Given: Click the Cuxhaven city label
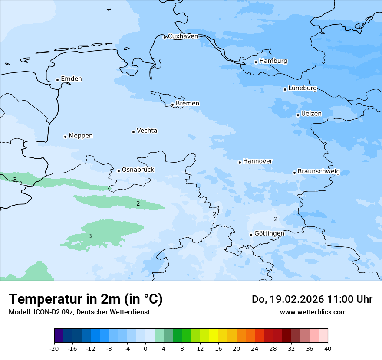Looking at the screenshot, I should [x=183, y=36].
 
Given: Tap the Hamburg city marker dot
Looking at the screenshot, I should [x=256, y=62].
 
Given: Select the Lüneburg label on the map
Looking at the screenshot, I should [x=303, y=88].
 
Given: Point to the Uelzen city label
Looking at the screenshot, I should [x=311, y=114].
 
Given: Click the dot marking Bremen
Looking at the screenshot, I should [x=172, y=105].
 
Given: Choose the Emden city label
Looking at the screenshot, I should [x=71, y=79].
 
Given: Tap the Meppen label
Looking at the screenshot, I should [x=81, y=136].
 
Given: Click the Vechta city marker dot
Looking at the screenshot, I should [x=133, y=132].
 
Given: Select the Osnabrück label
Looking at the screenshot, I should [x=138, y=170].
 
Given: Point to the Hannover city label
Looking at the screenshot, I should [x=258, y=161].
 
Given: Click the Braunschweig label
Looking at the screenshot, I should [x=319, y=172].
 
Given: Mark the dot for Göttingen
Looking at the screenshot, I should [x=251, y=235].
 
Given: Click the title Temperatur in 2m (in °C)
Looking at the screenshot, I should [x=86, y=299].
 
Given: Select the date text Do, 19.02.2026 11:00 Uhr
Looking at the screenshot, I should [x=312, y=299].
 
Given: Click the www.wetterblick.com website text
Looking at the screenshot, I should [x=313, y=312].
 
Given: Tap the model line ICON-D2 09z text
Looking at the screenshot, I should [x=79, y=312].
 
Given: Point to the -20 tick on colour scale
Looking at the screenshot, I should [x=54, y=348].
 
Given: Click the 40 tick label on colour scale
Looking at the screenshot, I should [x=328, y=348].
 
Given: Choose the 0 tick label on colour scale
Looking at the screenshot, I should [x=145, y=348].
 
